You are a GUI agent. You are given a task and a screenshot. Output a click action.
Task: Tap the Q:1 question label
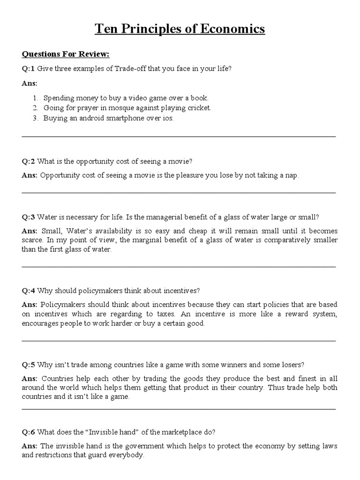point(28,68)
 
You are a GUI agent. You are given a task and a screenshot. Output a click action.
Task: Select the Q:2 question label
point(28,161)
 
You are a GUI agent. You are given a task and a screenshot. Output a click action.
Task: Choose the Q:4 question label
point(28,291)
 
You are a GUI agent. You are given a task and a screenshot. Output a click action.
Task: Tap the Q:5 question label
point(28,365)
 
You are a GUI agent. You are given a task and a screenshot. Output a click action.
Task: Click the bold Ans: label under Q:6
point(30,446)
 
